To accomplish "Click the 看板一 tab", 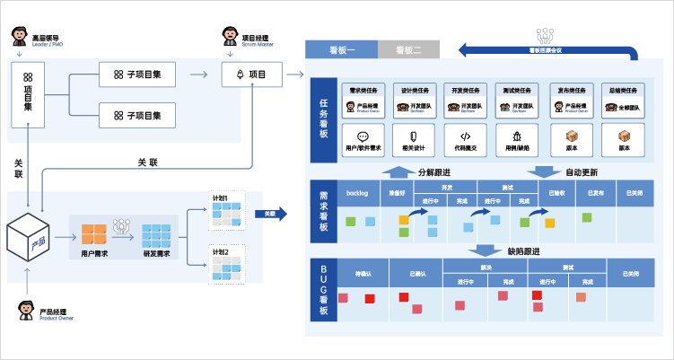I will click(x=342, y=50).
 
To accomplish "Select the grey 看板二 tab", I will click(x=408, y=50).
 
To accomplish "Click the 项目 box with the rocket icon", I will click(x=251, y=75).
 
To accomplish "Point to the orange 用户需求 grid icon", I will click(x=94, y=234).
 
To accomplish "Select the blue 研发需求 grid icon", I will click(x=157, y=234).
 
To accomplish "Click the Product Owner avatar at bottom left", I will click(x=27, y=310).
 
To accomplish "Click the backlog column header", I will click(x=359, y=193).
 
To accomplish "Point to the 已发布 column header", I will click(x=594, y=193).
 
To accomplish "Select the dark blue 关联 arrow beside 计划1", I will click(x=270, y=214).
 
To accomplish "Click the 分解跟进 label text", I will click(x=435, y=172).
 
